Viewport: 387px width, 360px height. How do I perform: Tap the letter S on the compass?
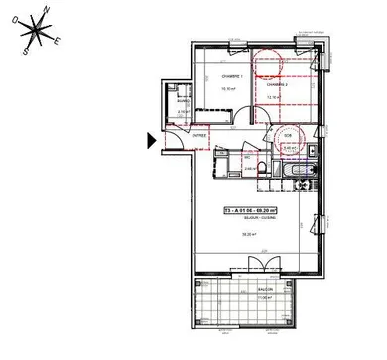pyautogui.click(x=24, y=50)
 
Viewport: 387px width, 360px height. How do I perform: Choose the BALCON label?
pyautogui.click(x=265, y=290)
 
